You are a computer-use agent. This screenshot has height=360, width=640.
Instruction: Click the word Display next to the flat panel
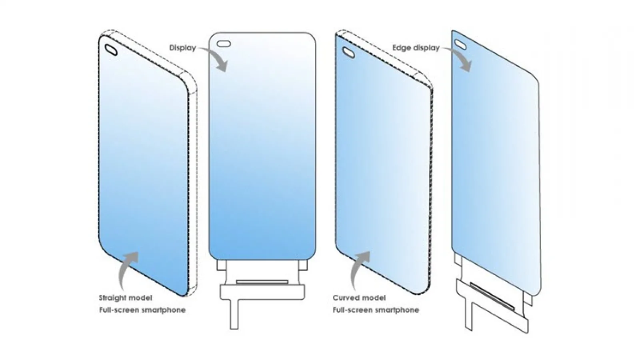182,48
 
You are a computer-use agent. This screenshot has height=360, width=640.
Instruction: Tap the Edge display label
416,48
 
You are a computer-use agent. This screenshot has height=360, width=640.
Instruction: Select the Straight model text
126,298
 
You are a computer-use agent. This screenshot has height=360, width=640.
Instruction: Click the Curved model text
359,298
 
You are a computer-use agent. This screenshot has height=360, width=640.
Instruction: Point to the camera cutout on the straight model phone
111,50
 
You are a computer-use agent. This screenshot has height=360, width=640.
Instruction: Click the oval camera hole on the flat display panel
224,44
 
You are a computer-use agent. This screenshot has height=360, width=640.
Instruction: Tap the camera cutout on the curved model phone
349,52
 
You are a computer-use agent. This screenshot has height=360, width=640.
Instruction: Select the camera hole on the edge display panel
460,44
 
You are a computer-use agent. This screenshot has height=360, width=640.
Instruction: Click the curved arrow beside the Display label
216,57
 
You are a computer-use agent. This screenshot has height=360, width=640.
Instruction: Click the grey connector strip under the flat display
262,282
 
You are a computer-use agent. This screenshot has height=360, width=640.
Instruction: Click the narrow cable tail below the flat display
234,314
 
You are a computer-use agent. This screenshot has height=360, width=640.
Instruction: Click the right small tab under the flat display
303,265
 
